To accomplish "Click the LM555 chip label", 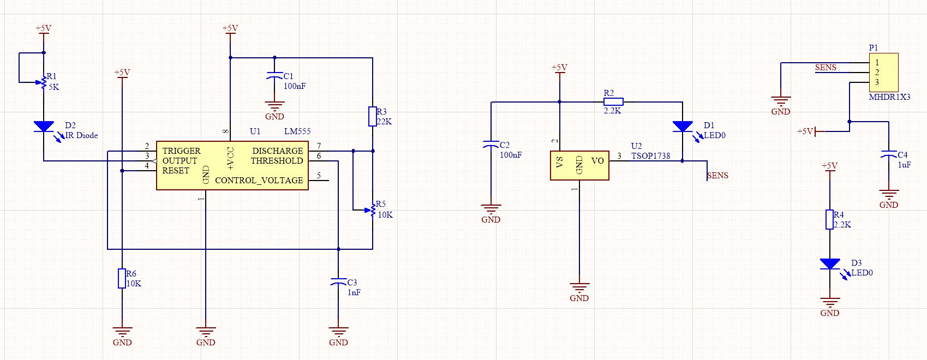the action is [297, 131].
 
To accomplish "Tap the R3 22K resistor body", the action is [373, 116].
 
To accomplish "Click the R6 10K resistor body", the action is [122, 279].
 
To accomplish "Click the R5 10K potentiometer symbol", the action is [370, 210].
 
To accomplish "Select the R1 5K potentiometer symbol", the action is [43, 82].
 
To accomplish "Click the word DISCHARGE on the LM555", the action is [278, 151].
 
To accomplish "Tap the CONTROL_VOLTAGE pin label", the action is [259, 181].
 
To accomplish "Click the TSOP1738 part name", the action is [650, 156].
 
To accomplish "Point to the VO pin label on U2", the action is [597, 160].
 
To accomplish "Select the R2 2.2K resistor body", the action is [613, 102].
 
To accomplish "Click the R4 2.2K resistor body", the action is [829, 219].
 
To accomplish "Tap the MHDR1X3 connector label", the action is [890, 97].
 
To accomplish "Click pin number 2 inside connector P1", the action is [877, 73].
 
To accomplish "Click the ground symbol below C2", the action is [491, 208].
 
